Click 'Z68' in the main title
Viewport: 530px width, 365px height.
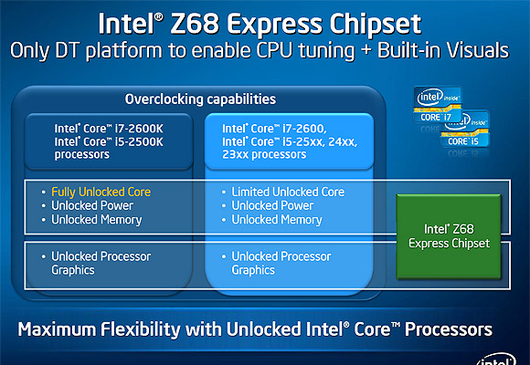pyautogui.click(x=195, y=24)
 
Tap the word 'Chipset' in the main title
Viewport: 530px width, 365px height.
pyautogui.click(x=376, y=26)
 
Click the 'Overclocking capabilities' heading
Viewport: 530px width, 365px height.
pyautogui.click(x=200, y=99)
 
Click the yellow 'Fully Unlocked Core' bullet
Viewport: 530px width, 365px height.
pyautogui.click(x=101, y=193)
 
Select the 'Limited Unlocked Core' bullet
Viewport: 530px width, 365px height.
pyautogui.click(x=288, y=193)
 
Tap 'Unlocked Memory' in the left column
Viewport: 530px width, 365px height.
pyautogui.click(x=97, y=220)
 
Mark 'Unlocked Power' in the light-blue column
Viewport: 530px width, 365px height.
pyautogui.click(x=272, y=205)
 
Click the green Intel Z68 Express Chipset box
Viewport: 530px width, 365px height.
pyautogui.click(x=449, y=236)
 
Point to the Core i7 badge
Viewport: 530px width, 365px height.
pyautogui.click(x=438, y=105)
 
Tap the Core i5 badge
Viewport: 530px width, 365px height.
pyautogui.click(x=466, y=130)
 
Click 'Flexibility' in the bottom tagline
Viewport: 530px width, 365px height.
pyautogui.click(x=141, y=329)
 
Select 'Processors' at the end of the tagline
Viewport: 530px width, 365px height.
pyautogui.click(x=449, y=329)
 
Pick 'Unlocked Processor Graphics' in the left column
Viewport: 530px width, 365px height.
pyautogui.click(x=101, y=264)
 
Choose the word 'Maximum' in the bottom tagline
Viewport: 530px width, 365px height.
pyautogui.click(x=57, y=329)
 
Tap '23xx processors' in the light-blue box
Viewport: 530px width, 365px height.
pyautogui.click(x=264, y=154)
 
